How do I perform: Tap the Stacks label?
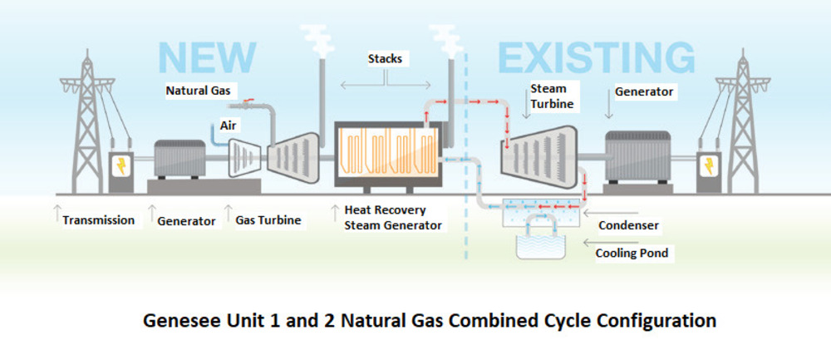point(386,59)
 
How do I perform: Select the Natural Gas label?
point(198,90)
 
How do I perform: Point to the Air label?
point(229,125)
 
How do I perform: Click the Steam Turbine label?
point(548,96)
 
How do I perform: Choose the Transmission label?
point(99,220)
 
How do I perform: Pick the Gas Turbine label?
point(268,220)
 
